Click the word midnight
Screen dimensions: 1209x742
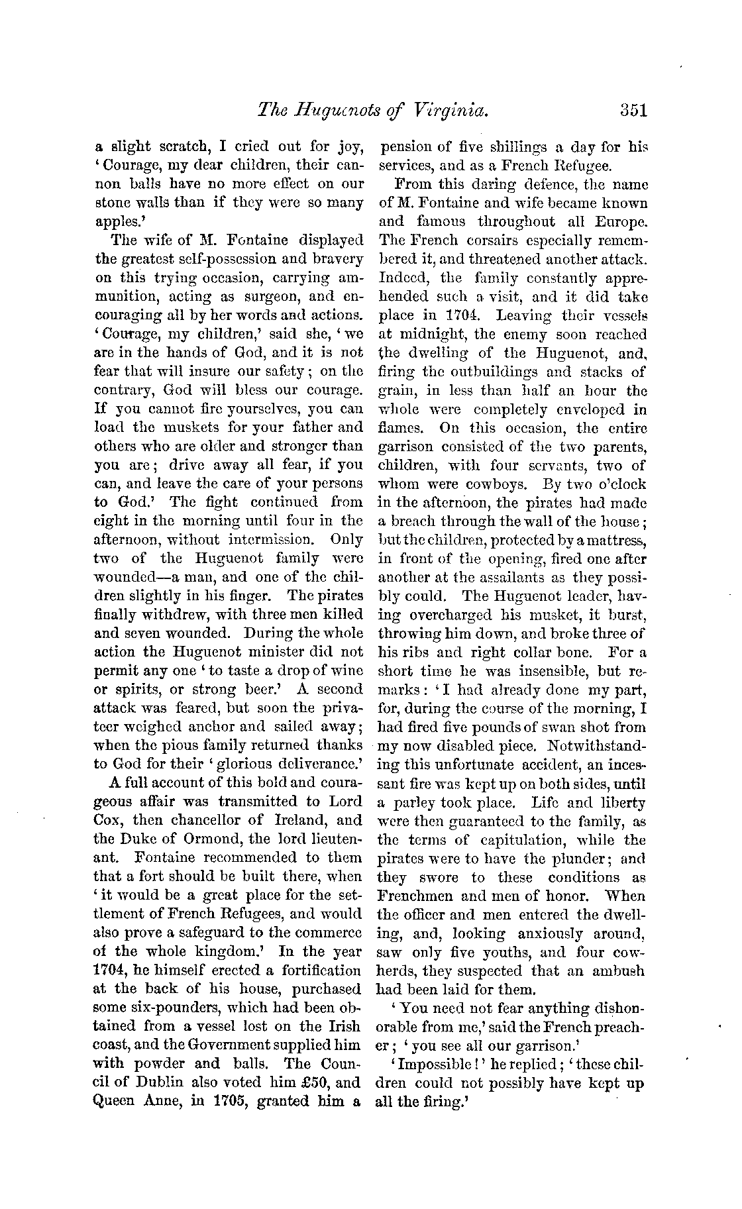point(429,335)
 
